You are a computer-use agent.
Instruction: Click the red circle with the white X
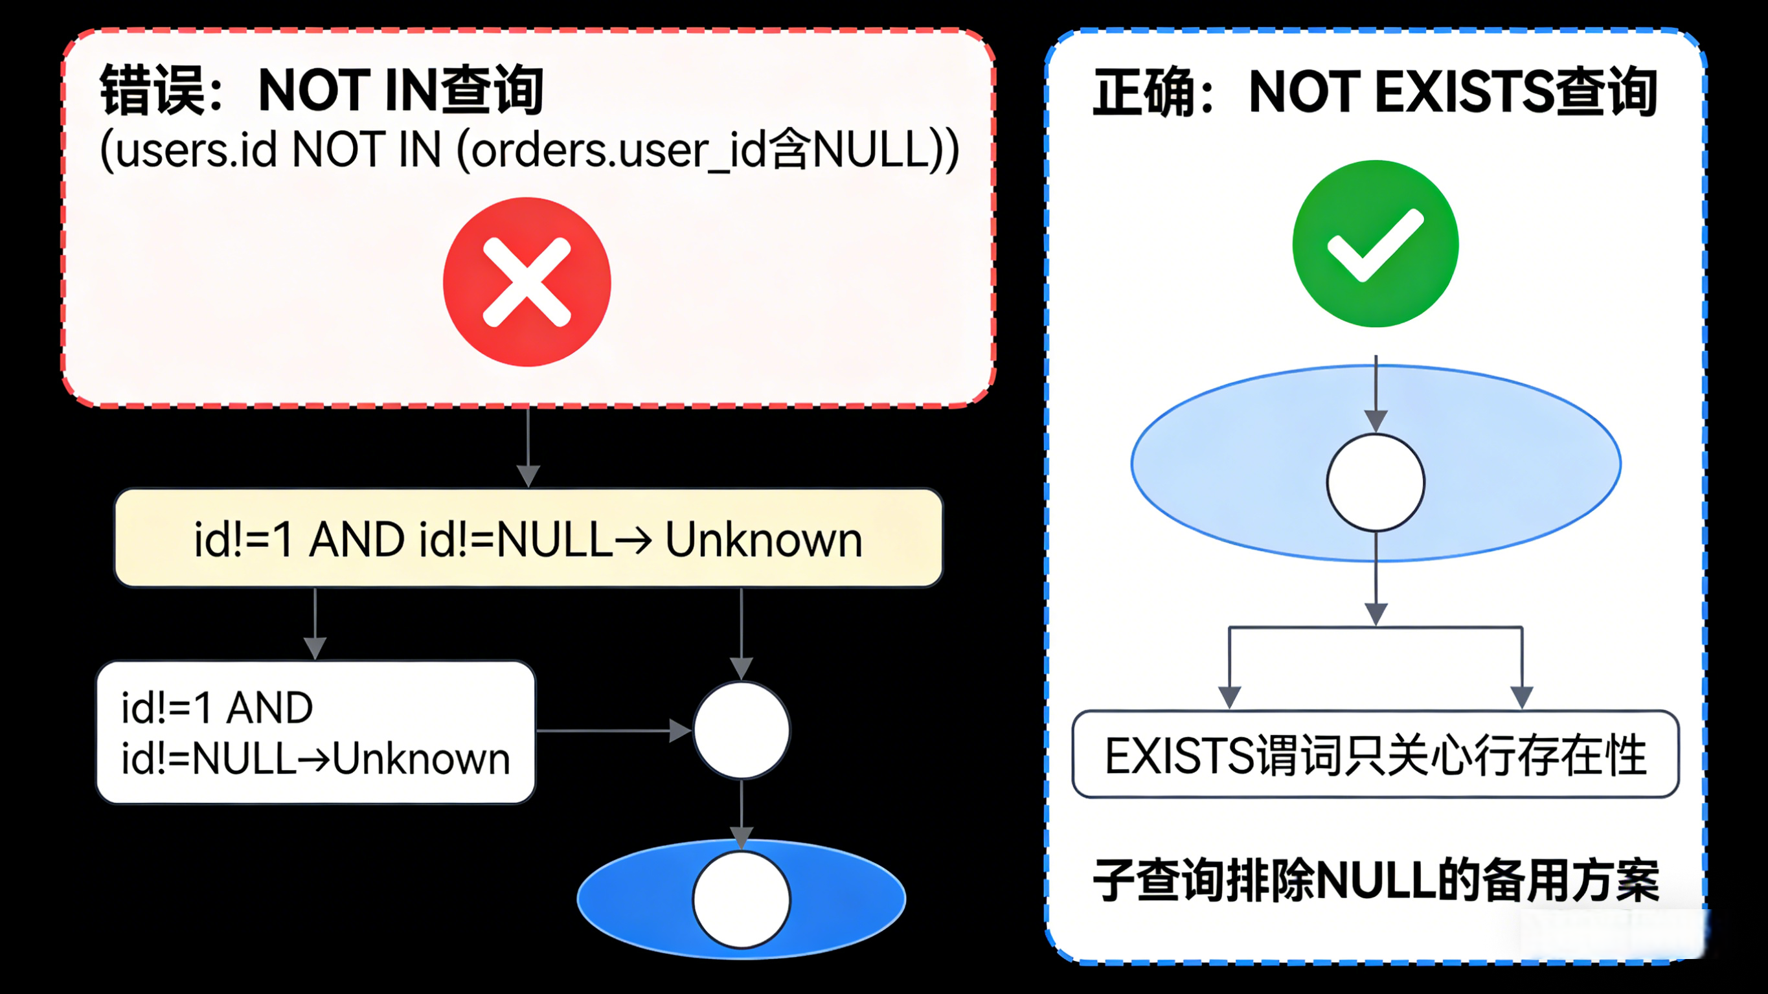pos(527,282)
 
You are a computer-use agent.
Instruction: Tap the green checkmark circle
pos(1376,243)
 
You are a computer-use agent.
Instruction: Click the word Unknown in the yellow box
pos(763,539)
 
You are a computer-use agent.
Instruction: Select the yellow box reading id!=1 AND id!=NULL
pos(528,538)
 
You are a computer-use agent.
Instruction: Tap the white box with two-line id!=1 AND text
pos(316,732)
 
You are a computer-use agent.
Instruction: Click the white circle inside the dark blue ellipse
pos(742,899)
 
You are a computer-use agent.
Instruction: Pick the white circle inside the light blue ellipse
pos(1376,482)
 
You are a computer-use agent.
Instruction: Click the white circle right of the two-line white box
pos(742,730)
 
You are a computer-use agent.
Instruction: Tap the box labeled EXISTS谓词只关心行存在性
pos(1376,754)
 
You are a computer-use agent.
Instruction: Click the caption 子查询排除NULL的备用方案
pos(1376,880)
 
